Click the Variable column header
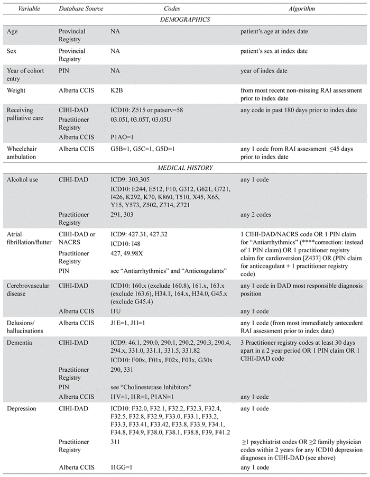[20, 9]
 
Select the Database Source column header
[81, 9]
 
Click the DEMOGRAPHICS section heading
[185, 20]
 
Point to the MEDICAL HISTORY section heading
[185, 168]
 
